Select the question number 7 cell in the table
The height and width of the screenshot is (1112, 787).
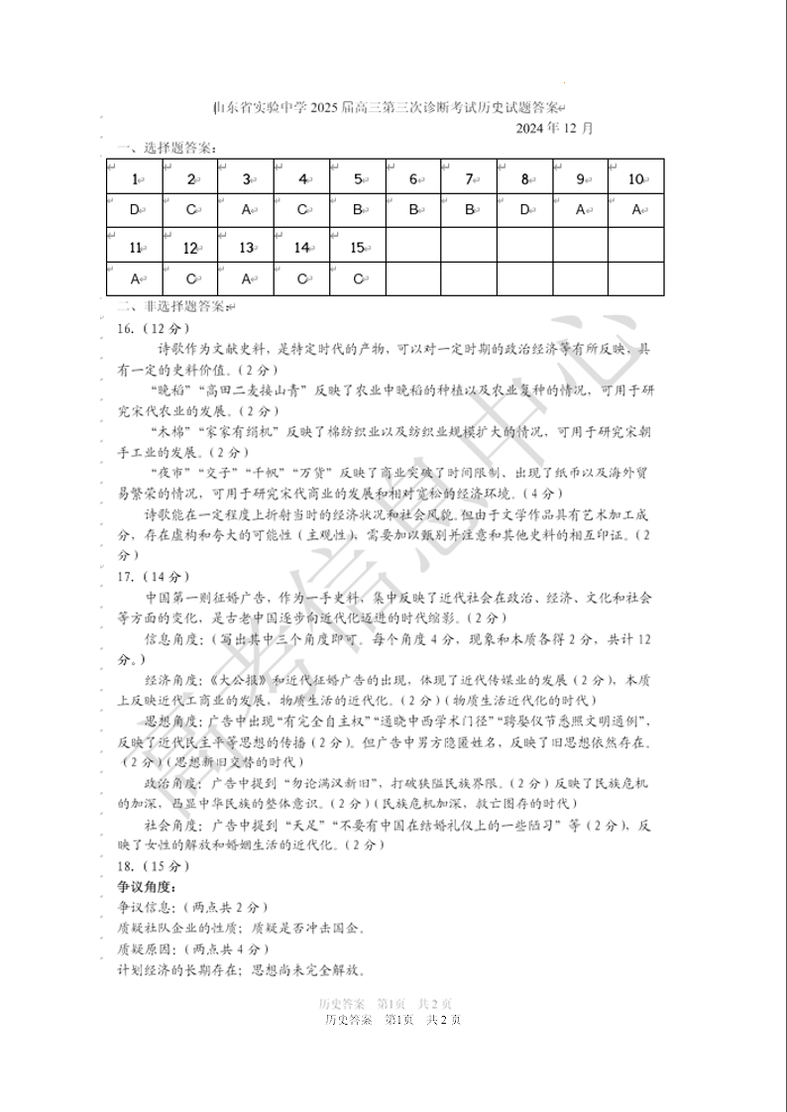coord(469,179)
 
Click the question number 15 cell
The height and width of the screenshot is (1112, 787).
coord(357,248)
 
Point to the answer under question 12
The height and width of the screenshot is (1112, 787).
coord(189,278)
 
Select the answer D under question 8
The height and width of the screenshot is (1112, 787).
coord(524,210)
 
